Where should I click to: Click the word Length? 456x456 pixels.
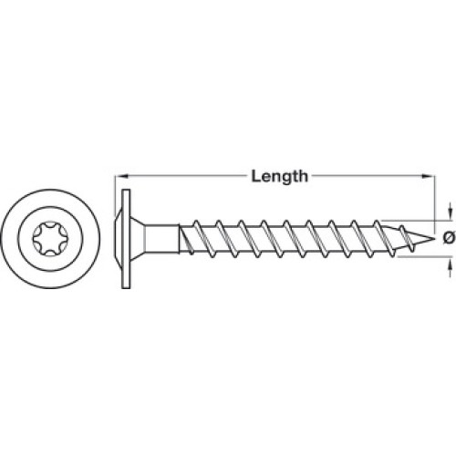pyautogui.click(x=279, y=177)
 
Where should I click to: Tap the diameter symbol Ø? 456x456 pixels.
pyautogui.click(x=449, y=237)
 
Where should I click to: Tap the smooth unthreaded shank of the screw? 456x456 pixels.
pyautogui.click(x=161, y=239)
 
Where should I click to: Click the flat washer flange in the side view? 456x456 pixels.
pyautogui.click(x=126, y=239)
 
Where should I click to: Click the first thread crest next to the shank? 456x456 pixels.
pyautogui.click(x=186, y=239)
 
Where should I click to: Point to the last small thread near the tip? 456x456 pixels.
pyautogui.click(x=408, y=239)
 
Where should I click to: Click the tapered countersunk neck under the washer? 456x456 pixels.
pyautogui.click(x=138, y=239)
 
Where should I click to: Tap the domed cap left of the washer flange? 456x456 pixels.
pyautogui.click(x=118, y=239)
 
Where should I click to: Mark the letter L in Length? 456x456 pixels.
pyautogui.click(x=255, y=176)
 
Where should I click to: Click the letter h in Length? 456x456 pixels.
pyautogui.click(x=303, y=176)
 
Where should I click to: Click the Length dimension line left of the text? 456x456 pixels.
pyautogui.click(x=181, y=175)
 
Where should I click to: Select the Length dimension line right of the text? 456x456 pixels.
pyautogui.click(x=372, y=175)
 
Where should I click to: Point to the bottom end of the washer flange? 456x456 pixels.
pyautogui.click(x=126, y=288)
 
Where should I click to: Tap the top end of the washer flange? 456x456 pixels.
pyautogui.click(x=126, y=190)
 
